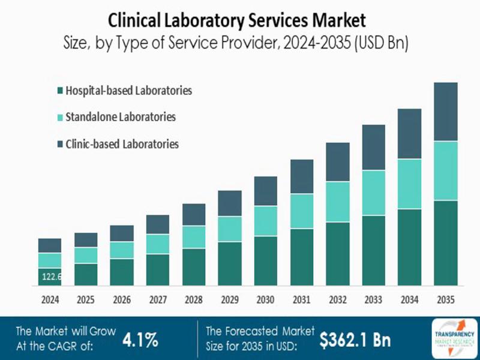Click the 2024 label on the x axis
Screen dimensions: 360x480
click(x=50, y=299)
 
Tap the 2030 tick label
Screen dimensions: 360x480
click(x=266, y=299)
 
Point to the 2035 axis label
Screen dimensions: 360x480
click(x=445, y=299)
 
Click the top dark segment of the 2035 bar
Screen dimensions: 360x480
click(x=445, y=112)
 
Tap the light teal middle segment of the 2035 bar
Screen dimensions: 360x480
click(x=445, y=171)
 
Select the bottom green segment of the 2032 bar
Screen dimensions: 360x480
click(x=337, y=254)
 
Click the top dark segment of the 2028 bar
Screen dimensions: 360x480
click(x=194, y=214)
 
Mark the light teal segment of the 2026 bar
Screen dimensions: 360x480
click(x=122, y=250)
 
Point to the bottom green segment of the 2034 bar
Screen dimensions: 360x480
click(x=409, y=247)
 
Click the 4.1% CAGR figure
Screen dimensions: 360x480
click(x=140, y=340)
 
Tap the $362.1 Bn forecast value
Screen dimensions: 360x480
click(x=355, y=340)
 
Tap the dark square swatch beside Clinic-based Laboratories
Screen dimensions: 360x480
click(x=61, y=145)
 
